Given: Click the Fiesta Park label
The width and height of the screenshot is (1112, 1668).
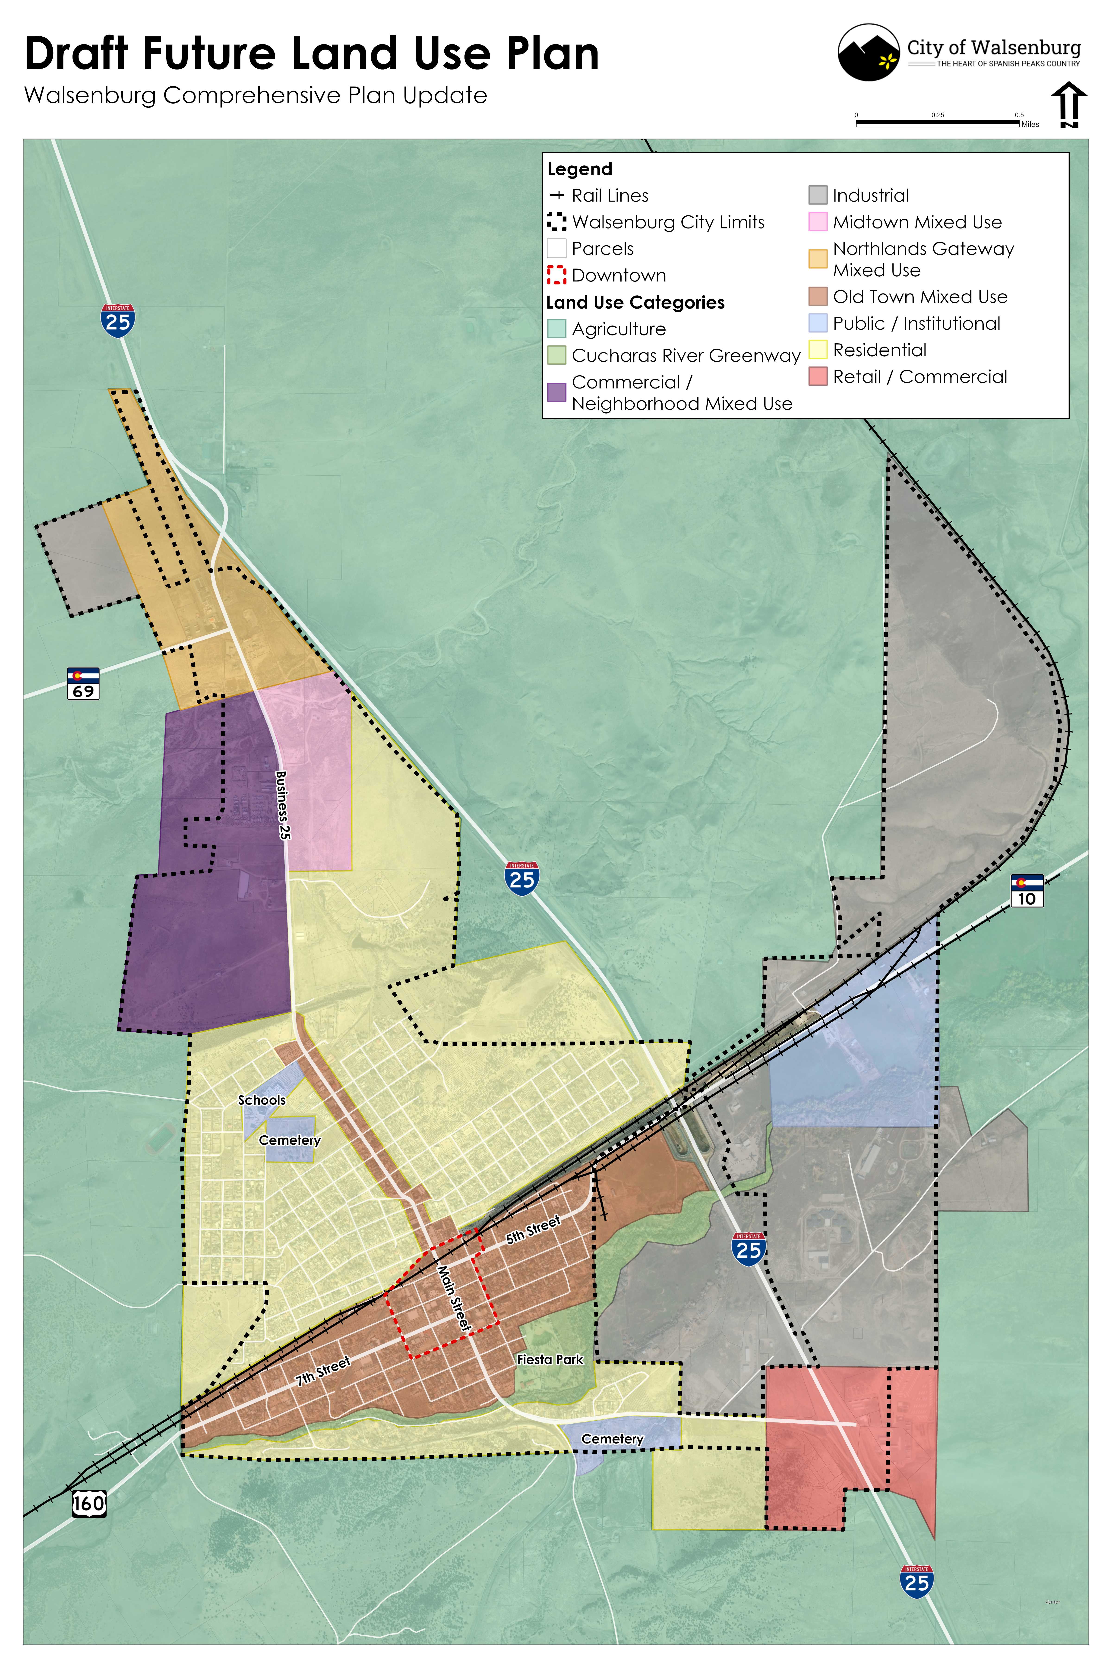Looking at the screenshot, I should (550, 1359).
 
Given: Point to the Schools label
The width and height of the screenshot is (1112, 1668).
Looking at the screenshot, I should (262, 1100).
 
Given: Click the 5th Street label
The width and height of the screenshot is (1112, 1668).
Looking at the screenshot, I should (533, 1230).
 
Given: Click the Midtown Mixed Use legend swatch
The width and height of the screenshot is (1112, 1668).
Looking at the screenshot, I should (818, 222).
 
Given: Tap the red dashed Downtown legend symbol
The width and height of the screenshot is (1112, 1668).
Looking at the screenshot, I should (557, 275).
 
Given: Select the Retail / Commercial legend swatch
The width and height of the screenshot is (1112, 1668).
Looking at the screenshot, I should (818, 377).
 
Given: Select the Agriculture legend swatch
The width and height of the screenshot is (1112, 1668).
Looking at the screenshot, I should (557, 329).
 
